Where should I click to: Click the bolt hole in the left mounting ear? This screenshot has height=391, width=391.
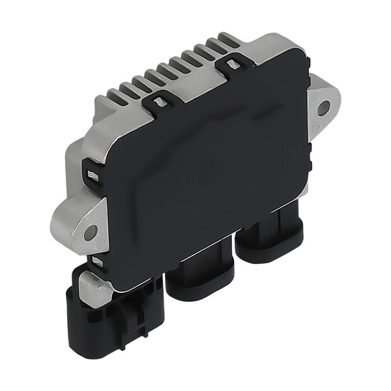pos(91,231)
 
